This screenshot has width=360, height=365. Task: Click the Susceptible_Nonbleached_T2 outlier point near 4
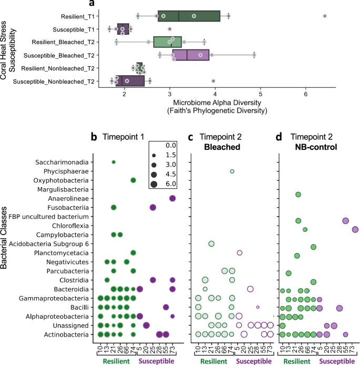point(213,81)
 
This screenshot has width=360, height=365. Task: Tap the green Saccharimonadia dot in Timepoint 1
point(114,162)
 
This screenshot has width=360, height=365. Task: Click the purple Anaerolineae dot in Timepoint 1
point(172,198)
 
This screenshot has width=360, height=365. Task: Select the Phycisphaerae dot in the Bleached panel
point(232,171)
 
